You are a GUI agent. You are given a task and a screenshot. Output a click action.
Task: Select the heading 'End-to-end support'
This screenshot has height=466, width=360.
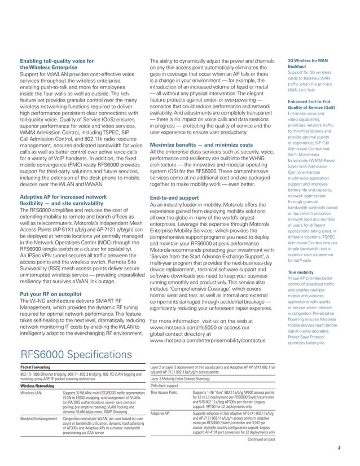coord(175,199)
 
